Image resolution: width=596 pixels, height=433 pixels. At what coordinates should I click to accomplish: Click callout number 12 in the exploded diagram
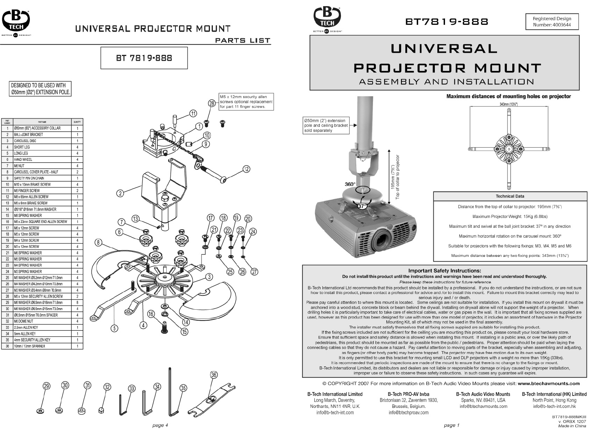pyautogui.click(x=246, y=169)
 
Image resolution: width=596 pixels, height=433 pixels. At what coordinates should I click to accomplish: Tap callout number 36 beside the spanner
pyautogui.click(x=214, y=375)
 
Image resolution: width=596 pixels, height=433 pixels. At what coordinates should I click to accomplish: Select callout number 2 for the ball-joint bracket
pyautogui.click(x=120, y=193)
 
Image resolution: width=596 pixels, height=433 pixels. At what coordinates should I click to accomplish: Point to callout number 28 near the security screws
pyautogui.click(x=211, y=103)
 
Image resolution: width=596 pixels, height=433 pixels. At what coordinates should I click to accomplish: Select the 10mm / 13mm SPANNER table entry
pyautogui.click(x=29, y=346)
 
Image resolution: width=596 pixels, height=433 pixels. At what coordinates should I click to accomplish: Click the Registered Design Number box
pyautogui.click(x=552, y=21)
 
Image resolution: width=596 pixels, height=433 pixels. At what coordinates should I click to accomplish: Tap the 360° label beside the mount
pyautogui.click(x=350, y=184)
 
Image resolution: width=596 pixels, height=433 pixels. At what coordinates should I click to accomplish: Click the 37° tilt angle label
pyautogui.click(x=362, y=206)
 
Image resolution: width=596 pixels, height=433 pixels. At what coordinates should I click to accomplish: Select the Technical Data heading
pyautogui.click(x=510, y=196)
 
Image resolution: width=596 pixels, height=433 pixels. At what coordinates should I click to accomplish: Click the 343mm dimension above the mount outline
pyautogui.click(x=508, y=104)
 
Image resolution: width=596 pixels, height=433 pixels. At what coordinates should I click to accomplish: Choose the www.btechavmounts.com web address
pyautogui.click(x=548, y=383)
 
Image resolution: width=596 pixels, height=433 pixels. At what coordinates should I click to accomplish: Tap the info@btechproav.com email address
pyautogui.click(x=408, y=413)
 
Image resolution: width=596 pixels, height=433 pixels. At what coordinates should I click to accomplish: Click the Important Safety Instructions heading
pyautogui.click(x=444, y=271)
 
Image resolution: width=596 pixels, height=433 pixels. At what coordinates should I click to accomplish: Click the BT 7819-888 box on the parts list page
pyautogui.click(x=144, y=58)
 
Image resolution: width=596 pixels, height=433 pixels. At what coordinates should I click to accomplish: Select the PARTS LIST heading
pyautogui.click(x=243, y=40)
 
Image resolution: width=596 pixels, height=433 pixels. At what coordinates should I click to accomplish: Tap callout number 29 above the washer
pyautogui.click(x=46, y=386)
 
